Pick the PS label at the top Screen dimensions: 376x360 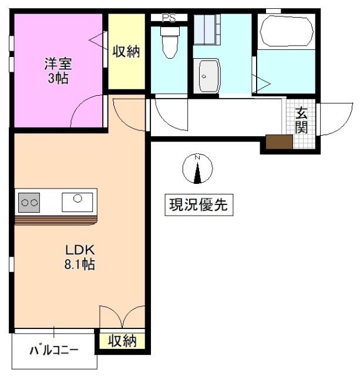point(169,18)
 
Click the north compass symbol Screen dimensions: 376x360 point(198,169)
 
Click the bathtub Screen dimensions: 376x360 point(286,31)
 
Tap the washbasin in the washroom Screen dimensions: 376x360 point(208,76)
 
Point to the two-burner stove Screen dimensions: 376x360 point(29,202)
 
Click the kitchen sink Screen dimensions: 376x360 point(78,201)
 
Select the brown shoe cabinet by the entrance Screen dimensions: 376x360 point(279,142)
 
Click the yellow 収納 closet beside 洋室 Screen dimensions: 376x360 point(126,52)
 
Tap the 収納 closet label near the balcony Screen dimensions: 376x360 point(122,340)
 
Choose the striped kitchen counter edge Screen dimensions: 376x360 point(56,220)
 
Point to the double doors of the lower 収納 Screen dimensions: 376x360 point(122,317)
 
